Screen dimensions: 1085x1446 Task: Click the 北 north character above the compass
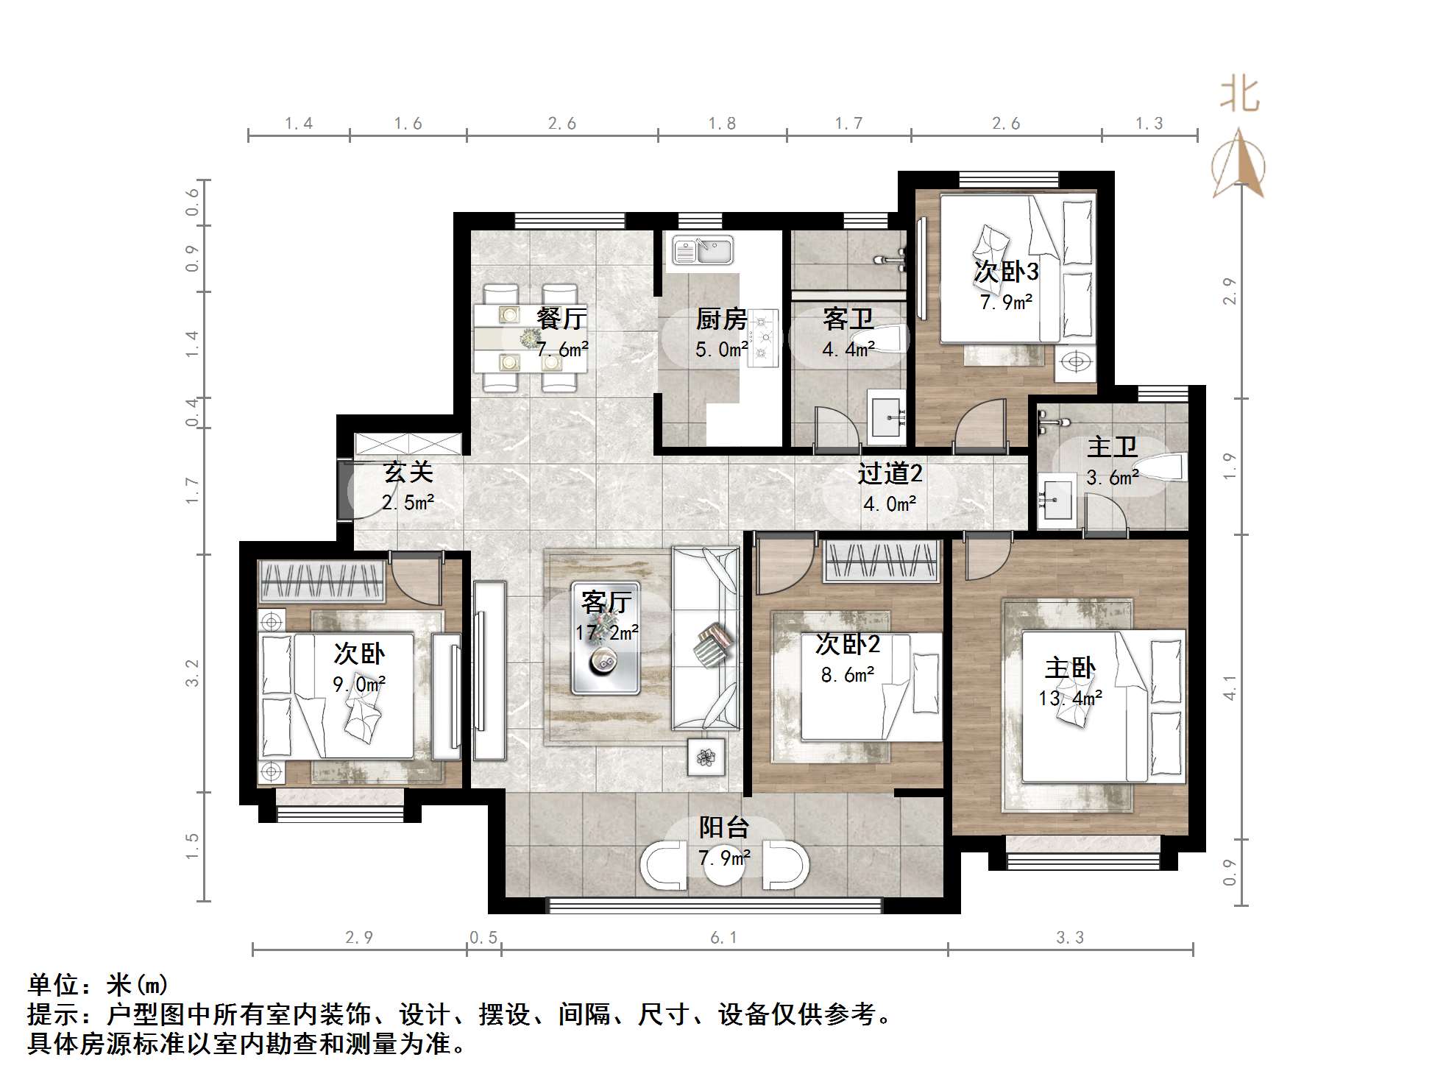(1239, 96)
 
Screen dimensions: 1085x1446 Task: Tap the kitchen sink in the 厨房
(703, 250)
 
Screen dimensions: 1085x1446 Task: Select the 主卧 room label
(1070, 668)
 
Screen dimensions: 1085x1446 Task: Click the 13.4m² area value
(1070, 698)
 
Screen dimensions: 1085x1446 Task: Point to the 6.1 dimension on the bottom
(723, 937)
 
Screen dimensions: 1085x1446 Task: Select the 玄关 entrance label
(408, 472)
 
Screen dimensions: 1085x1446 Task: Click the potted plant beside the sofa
(706, 757)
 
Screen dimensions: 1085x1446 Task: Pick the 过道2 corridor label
(889, 473)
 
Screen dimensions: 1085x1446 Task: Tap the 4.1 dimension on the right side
(1229, 693)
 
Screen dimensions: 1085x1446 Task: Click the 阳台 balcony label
(723, 827)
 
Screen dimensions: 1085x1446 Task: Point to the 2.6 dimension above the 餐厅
(561, 124)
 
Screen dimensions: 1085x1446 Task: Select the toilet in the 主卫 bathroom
(1169, 467)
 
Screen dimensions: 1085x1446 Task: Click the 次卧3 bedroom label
(1006, 272)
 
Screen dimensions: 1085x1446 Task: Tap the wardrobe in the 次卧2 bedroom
(882, 561)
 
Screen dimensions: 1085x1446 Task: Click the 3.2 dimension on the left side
(192, 673)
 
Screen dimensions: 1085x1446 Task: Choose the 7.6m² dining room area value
(562, 350)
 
